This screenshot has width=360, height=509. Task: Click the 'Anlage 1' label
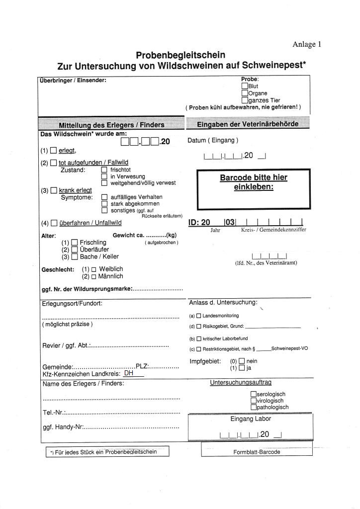pyautogui.click(x=307, y=44)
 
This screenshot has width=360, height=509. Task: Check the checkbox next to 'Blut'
pyautogui.click(x=245, y=86)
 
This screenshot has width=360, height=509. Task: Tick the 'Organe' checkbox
pyautogui.click(x=245, y=93)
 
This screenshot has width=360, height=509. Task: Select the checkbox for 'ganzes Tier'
pyautogui.click(x=245, y=100)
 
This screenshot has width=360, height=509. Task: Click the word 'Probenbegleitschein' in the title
pyautogui.click(x=180, y=55)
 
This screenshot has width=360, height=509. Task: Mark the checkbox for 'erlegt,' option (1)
pyautogui.click(x=54, y=151)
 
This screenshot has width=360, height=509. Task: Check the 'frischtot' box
pyautogui.click(x=104, y=170)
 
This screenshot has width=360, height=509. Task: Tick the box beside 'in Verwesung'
pyautogui.click(x=104, y=176)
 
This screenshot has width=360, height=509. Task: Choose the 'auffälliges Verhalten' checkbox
pyautogui.click(x=104, y=197)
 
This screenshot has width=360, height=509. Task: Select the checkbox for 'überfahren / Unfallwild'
pyautogui.click(x=54, y=223)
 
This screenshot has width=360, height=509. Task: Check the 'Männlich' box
pyautogui.click(x=93, y=276)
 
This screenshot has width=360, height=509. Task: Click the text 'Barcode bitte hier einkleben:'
pyautogui.click(x=254, y=182)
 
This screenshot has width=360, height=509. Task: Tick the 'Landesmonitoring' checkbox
pyautogui.click(x=198, y=316)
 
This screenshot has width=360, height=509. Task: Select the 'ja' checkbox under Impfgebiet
pyautogui.click(x=242, y=368)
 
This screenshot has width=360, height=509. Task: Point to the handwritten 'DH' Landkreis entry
pyautogui.click(x=129, y=373)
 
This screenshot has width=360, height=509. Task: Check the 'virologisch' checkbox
pyautogui.click(x=254, y=401)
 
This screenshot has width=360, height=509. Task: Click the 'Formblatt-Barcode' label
pyautogui.click(x=257, y=452)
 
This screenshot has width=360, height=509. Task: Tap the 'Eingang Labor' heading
pyautogui.click(x=251, y=419)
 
